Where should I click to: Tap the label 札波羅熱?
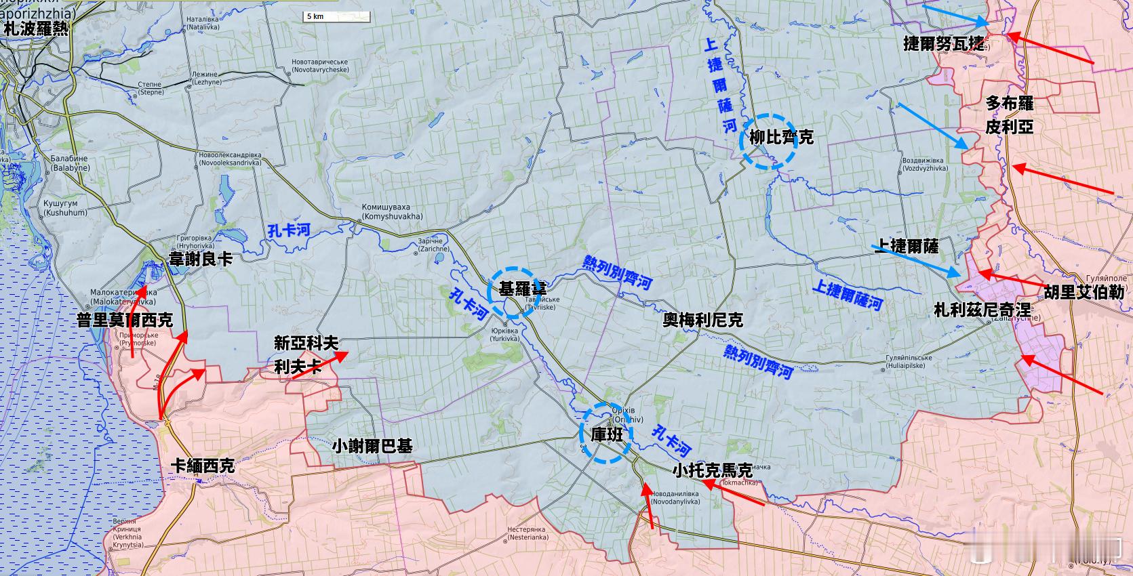pyautogui.click(x=36, y=28)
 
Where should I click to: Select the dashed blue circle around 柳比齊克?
pyautogui.click(x=768, y=140)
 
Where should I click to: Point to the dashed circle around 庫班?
pyautogui.click(x=606, y=434)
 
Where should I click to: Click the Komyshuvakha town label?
pyautogui.click(x=392, y=212)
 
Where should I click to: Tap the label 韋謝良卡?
pyautogui.click(x=200, y=259)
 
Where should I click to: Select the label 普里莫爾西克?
pyautogui.click(x=125, y=320)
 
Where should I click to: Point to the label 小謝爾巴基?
pyautogui.click(x=372, y=446)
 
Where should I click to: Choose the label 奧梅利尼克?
pyautogui.click(x=702, y=320)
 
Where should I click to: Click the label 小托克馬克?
pyautogui.click(x=713, y=470)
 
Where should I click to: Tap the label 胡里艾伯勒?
pyautogui.click(x=1084, y=292)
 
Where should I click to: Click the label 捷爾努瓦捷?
pyautogui.click(x=944, y=43)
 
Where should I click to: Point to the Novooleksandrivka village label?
pyautogui.click(x=230, y=159)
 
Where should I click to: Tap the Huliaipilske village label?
pyautogui.click(x=908, y=363)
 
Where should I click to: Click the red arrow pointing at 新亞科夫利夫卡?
pyautogui.click(x=317, y=361)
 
